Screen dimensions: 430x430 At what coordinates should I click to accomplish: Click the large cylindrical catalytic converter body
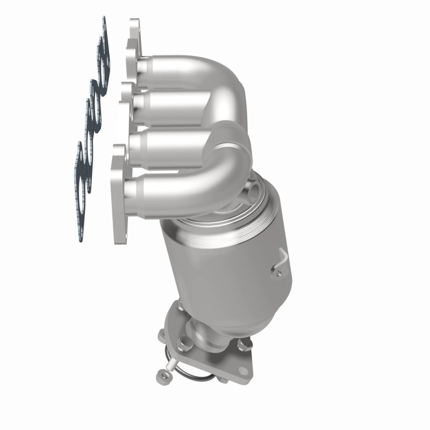231,263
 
